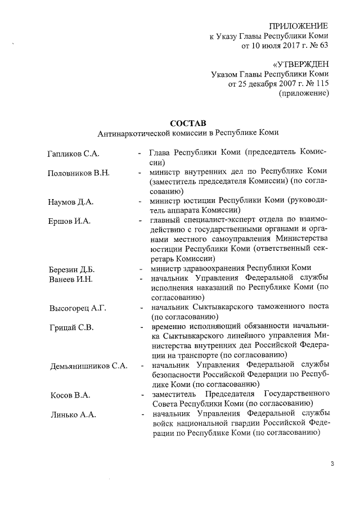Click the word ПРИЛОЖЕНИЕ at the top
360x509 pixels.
[x=299, y=26]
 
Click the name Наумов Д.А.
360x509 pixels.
[x=70, y=201]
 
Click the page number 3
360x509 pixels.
[x=332, y=464]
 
